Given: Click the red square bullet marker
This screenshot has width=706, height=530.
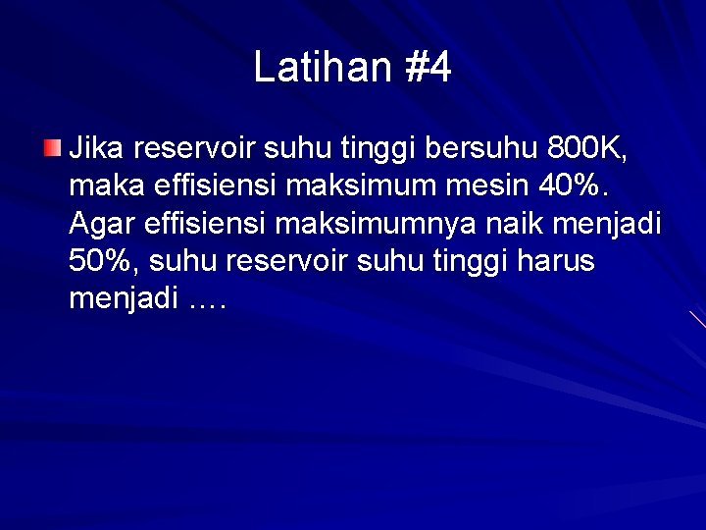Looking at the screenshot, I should pos(51,150).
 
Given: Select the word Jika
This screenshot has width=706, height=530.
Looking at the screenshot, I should pos(96,150).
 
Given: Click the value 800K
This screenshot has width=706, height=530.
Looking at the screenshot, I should pos(586,150).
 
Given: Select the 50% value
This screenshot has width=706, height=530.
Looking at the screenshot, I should pos(101,262).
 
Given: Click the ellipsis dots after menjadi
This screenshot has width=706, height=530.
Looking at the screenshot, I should pos(205,299).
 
